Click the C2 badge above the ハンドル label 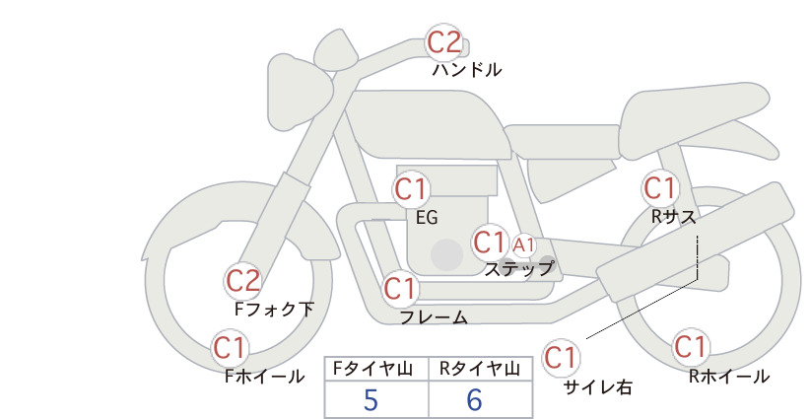point(444,41)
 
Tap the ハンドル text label point(467,70)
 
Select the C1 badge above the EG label point(411,189)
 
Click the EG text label point(427,218)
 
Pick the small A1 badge point(523,245)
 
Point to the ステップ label point(518,269)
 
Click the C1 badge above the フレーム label point(401,288)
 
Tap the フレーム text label point(434,316)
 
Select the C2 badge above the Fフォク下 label point(243,281)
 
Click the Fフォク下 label point(274,309)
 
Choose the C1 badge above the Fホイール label point(230,348)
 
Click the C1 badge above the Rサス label point(660,188)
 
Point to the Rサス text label point(673,217)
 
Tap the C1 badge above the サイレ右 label point(561,357)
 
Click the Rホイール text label point(729,377)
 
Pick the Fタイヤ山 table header point(372,369)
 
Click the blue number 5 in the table point(371,399)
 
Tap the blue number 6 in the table point(474,399)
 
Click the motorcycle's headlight point(299,95)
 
